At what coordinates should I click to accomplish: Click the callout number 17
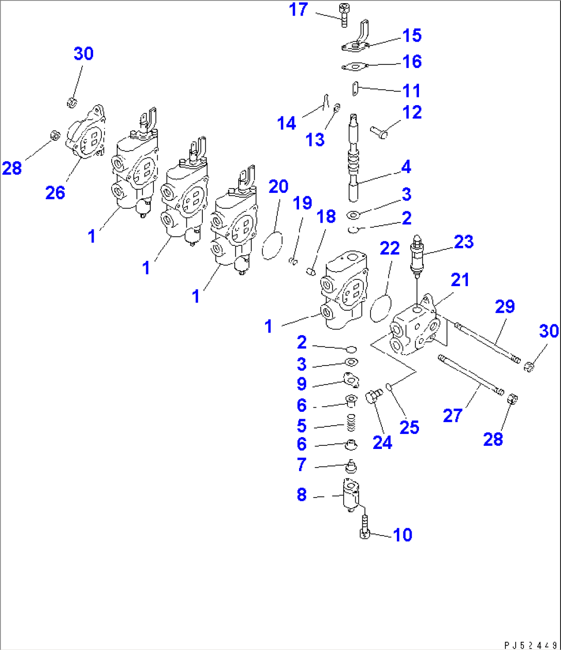(x=298, y=10)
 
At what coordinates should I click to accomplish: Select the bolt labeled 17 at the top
(x=344, y=15)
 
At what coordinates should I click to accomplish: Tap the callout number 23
(x=463, y=242)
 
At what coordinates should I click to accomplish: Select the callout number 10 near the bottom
(x=402, y=535)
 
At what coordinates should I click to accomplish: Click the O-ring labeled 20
(x=273, y=246)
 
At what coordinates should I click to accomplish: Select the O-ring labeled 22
(x=380, y=308)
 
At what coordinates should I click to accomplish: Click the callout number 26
(x=55, y=193)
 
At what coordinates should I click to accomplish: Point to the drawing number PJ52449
(x=530, y=644)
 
